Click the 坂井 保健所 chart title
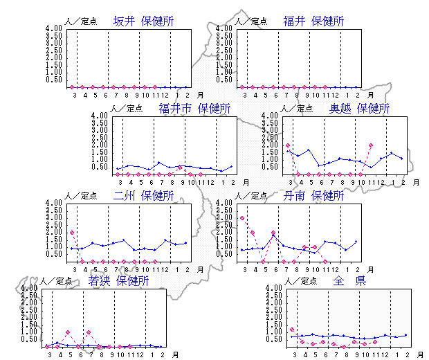[143, 21]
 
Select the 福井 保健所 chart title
[313, 21]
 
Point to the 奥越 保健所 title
[359, 108]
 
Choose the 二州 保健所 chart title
[143, 195]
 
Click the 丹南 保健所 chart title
[313, 195]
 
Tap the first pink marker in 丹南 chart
[242, 217]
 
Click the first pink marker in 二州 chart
[72, 233]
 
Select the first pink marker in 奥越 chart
[288, 145]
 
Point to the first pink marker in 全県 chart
[292, 330]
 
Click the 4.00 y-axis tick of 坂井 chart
[54, 28]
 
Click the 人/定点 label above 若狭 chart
[57, 281]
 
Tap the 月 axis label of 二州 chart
[199, 269]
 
